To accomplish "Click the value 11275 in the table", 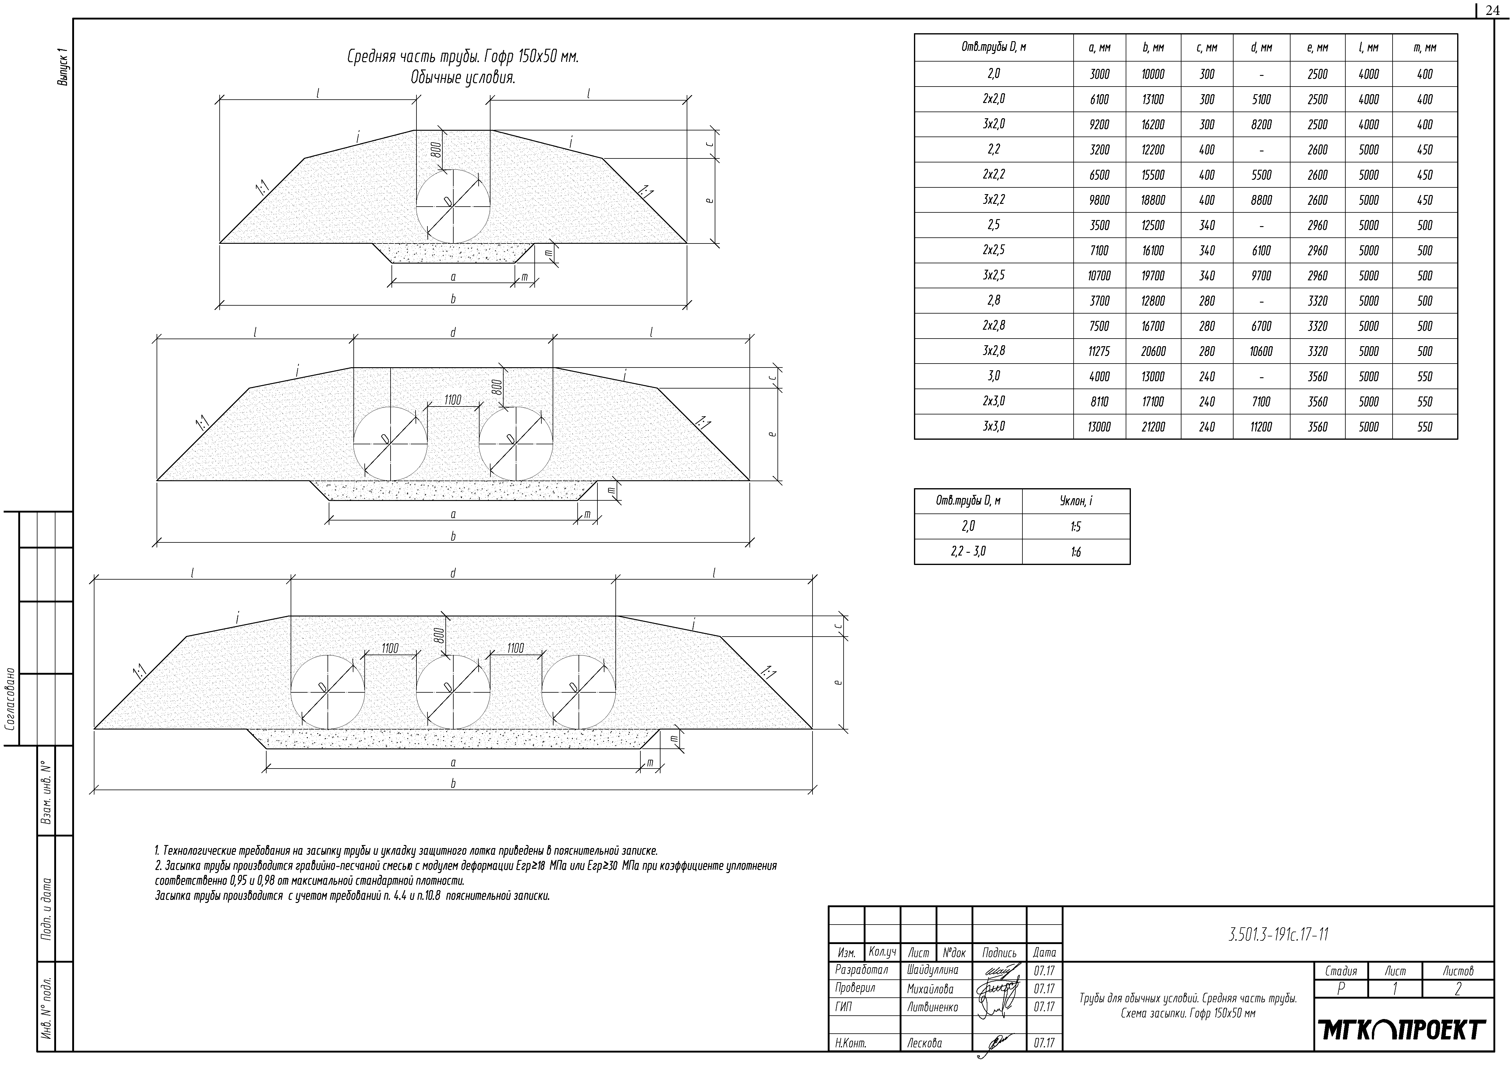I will coord(1099,352).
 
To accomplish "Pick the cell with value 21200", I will coord(1153,427).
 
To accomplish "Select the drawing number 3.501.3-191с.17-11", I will coord(1277,935).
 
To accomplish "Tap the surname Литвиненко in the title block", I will coord(933,1007).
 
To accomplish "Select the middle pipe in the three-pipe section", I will coord(453,692).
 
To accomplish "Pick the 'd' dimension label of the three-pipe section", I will coord(453,573).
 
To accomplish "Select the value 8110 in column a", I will coord(1099,402).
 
